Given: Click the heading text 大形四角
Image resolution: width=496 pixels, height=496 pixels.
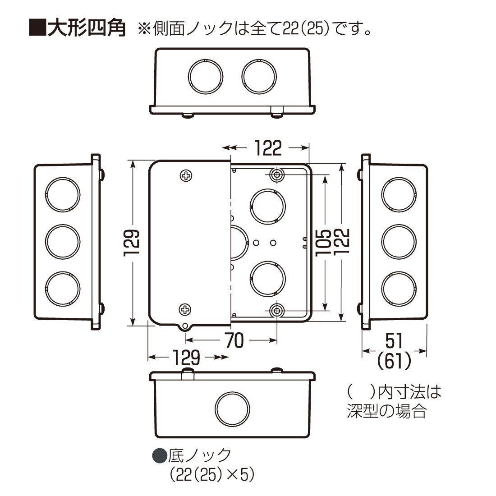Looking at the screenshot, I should (87, 28).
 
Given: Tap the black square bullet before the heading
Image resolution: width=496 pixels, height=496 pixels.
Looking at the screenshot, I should (38, 28).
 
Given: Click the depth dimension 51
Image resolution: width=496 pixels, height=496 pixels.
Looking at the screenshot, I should (395, 341).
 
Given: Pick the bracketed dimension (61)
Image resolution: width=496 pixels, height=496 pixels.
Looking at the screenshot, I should (395, 361).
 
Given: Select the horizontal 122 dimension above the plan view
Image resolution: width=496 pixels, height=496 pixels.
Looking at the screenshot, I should (268, 147).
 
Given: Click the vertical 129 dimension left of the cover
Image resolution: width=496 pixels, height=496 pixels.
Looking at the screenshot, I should (132, 243).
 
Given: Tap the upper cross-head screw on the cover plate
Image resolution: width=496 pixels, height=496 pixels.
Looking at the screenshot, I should (186, 176).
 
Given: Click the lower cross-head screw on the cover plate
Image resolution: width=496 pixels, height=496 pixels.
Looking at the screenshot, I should (186, 309).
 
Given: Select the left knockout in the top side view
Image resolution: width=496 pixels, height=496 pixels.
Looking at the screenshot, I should (206, 75).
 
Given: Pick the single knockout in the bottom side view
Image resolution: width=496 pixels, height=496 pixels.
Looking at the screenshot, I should (232, 408).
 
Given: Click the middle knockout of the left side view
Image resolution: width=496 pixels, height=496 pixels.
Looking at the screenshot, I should (63, 241).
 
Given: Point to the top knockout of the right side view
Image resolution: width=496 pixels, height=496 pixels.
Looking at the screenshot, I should (398, 195).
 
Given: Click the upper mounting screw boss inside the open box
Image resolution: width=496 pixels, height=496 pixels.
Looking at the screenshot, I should (276, 175).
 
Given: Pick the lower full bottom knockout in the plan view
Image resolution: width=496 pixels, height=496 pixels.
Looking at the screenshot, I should (268, 278).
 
